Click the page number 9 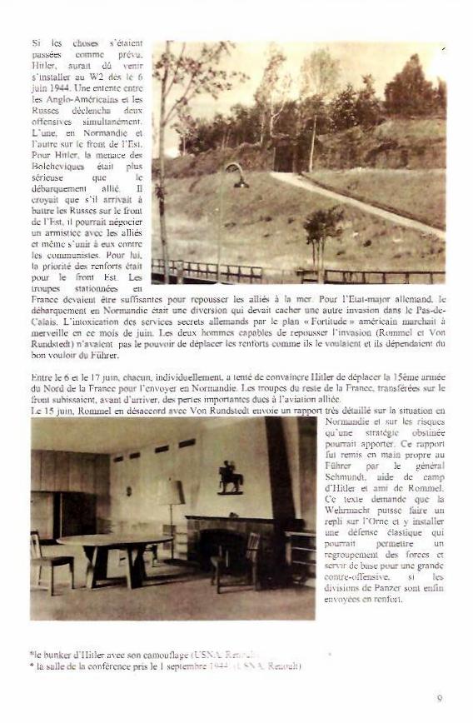tap(439, 698)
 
